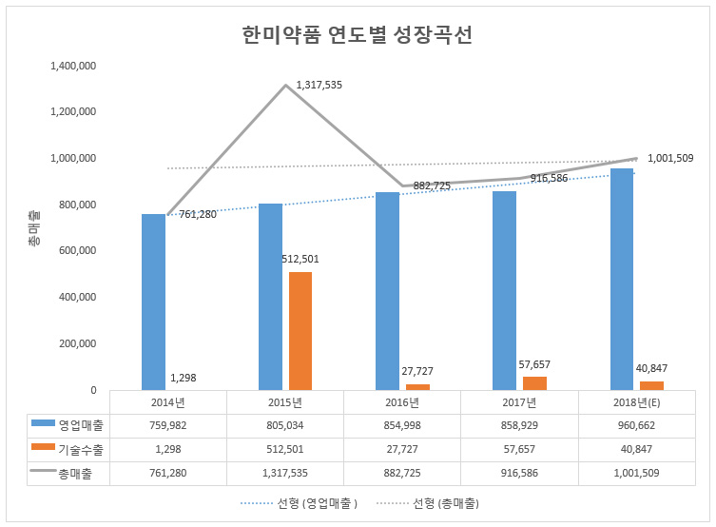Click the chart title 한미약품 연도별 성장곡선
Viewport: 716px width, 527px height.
(358, 35)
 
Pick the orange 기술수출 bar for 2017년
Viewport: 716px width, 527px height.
(534, 383)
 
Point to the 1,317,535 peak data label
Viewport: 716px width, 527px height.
(319, 85)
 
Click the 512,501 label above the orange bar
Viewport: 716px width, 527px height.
(300, 259)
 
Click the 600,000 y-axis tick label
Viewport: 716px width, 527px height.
(76, 251)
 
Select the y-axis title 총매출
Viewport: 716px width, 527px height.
(34, 229)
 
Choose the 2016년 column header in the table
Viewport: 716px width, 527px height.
(401, 402)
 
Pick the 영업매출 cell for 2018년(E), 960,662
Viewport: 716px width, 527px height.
(635, 425)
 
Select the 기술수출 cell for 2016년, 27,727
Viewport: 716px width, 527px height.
(401, 449)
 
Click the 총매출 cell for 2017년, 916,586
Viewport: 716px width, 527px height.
(518, 473)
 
